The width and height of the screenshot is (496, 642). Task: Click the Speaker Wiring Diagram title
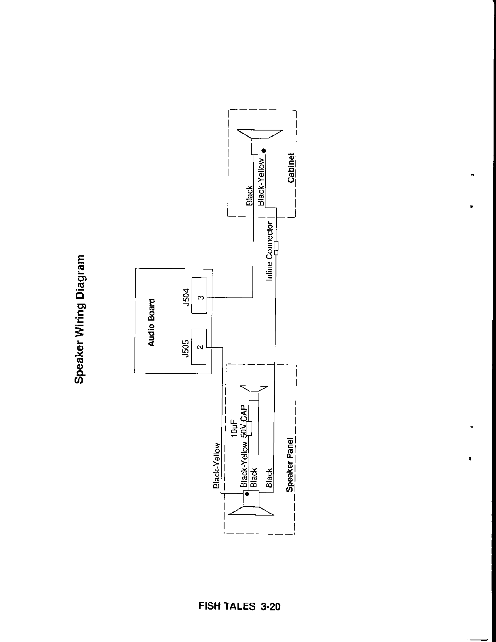tap(80, 319)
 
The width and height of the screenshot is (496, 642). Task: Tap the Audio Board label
tap(151, 322)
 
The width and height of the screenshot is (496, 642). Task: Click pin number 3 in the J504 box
tap(199, 297)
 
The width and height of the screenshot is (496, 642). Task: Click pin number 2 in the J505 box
tap(199, 347)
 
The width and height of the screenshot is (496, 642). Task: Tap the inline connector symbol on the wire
tap(276, 247)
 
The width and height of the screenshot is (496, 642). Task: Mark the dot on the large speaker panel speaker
tap(247, 494)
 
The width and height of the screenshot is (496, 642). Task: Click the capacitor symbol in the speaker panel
tap(249, 428)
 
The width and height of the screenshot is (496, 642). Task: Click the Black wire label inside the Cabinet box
tap(250, 195)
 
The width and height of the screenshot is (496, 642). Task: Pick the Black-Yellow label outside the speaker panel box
tap(217, 465)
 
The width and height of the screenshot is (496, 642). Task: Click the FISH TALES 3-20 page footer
tap(239, 606)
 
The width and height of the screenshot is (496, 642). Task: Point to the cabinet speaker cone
tap(259, 134)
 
